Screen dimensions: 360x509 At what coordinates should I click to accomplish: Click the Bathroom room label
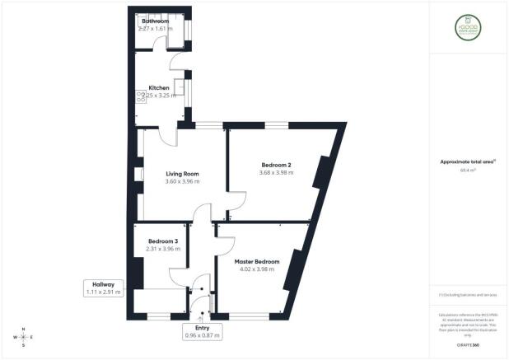[x=155, y=21]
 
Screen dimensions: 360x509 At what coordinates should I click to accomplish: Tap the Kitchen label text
[x=159, y=88]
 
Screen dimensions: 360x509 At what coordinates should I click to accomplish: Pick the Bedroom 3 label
[x=162, y=241]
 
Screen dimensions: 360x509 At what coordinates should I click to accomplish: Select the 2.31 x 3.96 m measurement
[x=162, y=249]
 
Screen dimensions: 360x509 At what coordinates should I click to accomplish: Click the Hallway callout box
[x=103, y=288]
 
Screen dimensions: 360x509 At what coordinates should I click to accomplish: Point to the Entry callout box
[x=202, y=331]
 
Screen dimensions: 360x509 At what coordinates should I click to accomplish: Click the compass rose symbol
[x=23, y=337]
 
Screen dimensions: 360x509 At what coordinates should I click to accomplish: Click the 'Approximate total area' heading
[x=470, y=161]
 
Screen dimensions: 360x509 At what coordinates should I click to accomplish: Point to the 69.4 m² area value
[x=470, y=170]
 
